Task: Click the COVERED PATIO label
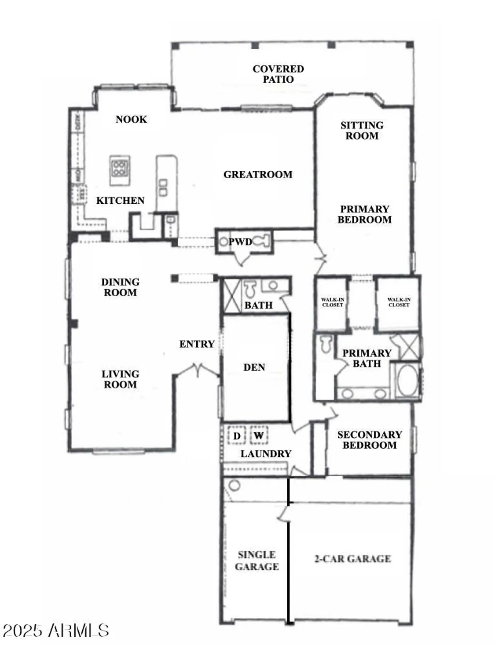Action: tap(278, 74)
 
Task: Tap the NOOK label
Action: tap(131, 119)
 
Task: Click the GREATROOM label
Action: tap(258, 175)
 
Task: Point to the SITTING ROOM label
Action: tap(362, 131)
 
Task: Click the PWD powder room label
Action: tap(240, 242)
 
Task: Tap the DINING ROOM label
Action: tap(120, 287)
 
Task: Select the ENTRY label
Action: tap(197, 344)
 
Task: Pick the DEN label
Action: tap(254, 367)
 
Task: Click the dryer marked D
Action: tap(237, 436)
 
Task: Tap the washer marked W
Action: tap(259, 436)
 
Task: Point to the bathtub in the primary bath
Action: tap(407, 380)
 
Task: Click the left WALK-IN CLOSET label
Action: tap(332, 302)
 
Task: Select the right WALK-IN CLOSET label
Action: tap(399, 302)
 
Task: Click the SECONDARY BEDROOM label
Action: tap(370, 440)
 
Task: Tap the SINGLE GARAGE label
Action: tap(257, 561)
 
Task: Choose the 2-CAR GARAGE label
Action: tap(352, 559)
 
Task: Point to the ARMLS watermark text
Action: tap(56, 631)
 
